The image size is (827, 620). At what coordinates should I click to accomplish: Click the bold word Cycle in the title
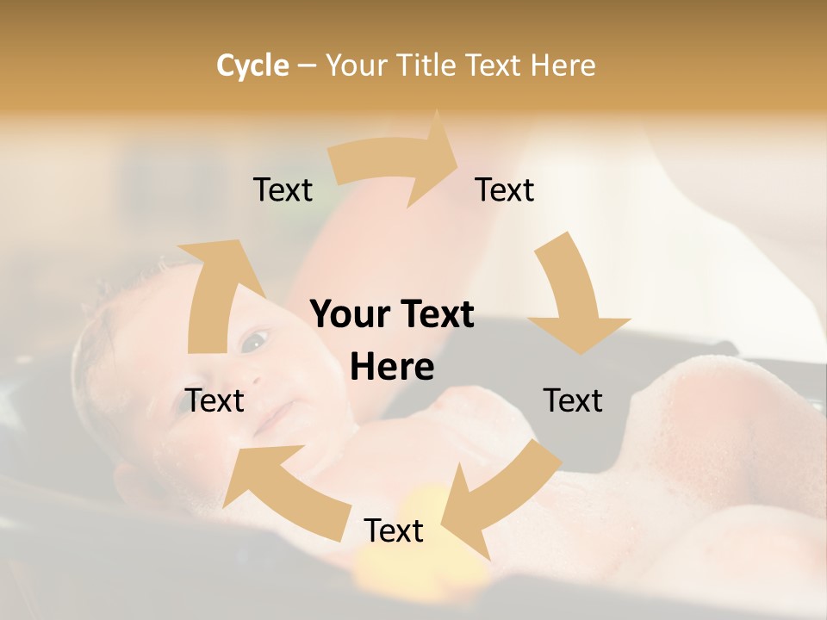(x=252, y=65)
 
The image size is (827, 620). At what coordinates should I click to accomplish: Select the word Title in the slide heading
(x=431, y=65)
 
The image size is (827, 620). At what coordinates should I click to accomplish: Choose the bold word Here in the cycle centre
(x=392, y=368)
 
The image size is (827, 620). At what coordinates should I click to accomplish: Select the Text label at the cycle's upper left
(x=283, y=189)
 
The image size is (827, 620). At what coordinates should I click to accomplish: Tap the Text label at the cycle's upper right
(x=505, y=189)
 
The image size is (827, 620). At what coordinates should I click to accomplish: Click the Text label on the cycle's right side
(x=573, y=400)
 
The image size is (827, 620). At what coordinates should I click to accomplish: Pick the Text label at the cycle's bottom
(x=394, y=530)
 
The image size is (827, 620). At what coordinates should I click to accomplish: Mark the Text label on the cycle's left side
(x=215, y=400)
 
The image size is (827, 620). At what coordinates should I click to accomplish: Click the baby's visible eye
(x=252, y=342)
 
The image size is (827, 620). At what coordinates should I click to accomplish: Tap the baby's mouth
(x=274, y=419)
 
